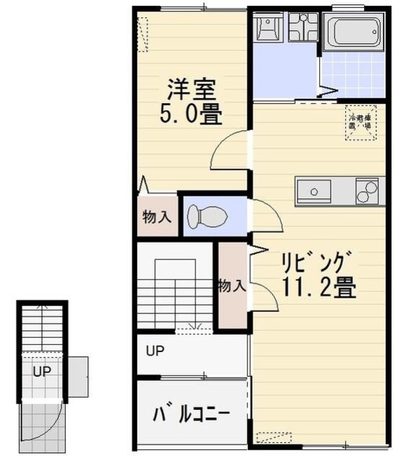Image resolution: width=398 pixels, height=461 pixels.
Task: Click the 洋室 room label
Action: (x=192, y=89)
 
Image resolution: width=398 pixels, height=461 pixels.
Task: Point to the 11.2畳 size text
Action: (x=318, y=287)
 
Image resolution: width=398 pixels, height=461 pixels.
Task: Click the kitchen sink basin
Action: (x=314, y=192)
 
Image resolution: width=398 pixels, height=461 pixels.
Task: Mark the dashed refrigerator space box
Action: (x=360, y=123)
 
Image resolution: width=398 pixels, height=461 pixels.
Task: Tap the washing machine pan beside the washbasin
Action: (x=303, y=28)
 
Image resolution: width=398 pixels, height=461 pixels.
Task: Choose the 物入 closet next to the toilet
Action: (x=156, y=216)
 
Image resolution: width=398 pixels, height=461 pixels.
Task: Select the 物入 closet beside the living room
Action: (x=231, y=286)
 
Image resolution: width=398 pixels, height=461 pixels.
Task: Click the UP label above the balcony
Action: (x=154, y=352)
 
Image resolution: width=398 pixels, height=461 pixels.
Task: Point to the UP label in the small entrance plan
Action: (x=41, y=372)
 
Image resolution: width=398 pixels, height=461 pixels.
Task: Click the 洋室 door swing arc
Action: (x=229, y=148)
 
